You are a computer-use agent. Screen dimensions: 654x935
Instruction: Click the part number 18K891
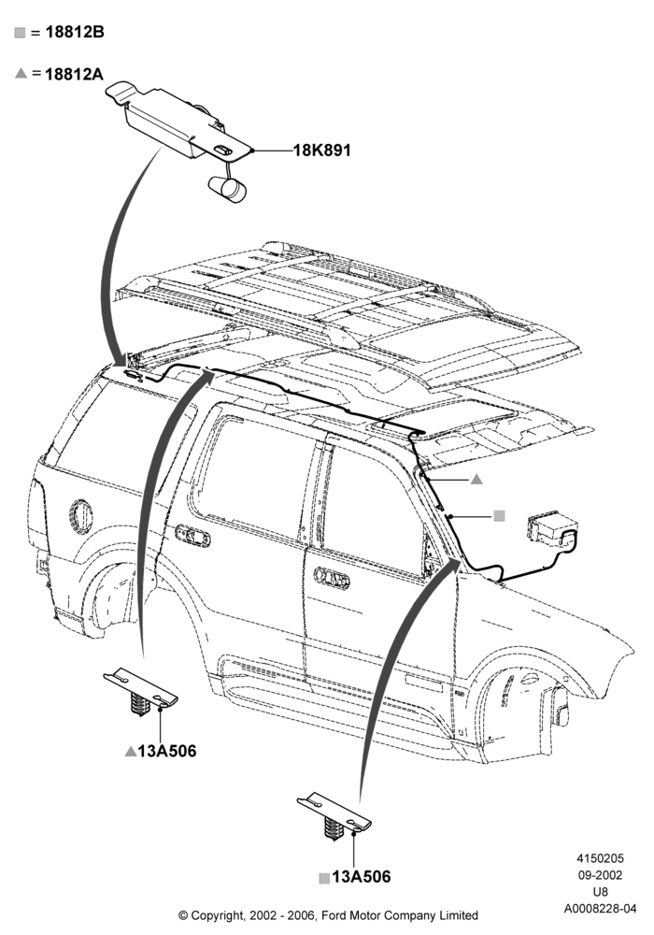[x=321, y=150]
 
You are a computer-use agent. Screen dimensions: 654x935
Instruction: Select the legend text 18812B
[x=75, y=32]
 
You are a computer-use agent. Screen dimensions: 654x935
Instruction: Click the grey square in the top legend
[x=21, y=33]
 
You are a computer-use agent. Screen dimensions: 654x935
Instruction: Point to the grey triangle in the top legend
[x=21, y=73]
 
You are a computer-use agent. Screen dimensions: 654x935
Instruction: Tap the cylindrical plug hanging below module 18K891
[x=227, y=189]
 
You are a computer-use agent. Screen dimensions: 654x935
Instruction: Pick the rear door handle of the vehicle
[x=192, y=535]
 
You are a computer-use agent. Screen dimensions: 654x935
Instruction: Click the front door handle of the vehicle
[x=332, y=577]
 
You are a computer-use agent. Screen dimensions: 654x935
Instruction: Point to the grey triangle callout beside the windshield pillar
[x=476, y=479]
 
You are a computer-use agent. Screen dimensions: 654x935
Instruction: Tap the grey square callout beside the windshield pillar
[x=499, y=516]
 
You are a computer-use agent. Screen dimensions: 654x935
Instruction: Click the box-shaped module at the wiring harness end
[x=549, y=529]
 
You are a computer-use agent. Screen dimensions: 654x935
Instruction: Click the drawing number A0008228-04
[x=601, y=909]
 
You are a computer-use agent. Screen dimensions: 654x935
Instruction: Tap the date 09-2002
[x=601, y=875]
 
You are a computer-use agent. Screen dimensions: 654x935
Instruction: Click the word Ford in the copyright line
[x=338, y=914]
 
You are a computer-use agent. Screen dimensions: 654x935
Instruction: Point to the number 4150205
[x=601, y=858]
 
